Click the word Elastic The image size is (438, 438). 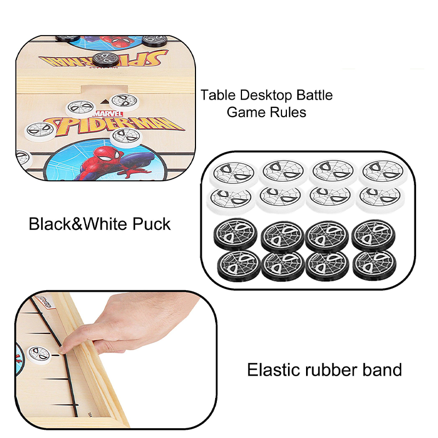[276, 370]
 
